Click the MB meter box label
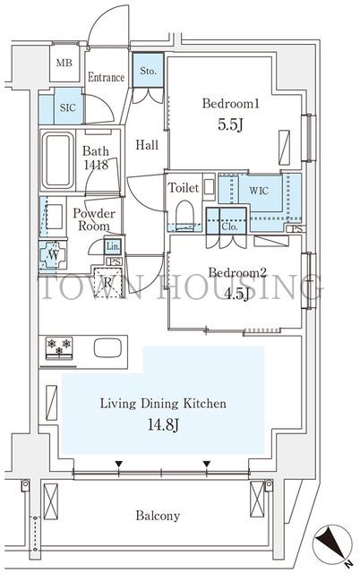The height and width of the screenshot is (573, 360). point(64,63)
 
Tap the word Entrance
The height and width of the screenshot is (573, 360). point(106,78)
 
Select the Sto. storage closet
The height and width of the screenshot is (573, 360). point(148,71)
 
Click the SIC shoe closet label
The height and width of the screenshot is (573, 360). point(68,107)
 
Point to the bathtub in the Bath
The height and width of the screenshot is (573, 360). point(57,160)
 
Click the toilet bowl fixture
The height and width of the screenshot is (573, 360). point(184,215)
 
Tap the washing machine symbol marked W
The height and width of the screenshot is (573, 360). point(53,255)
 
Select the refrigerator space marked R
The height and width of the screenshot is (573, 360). point(107,283)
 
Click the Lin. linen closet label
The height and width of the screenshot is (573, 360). point(113,247)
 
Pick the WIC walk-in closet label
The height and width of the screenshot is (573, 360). point(259,191)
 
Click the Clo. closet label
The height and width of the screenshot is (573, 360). point(229,227)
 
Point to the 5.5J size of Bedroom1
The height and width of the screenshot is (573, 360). point(230,124)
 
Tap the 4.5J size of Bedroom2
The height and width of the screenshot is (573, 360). point(236,294)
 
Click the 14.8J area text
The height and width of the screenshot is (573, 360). point(163,424)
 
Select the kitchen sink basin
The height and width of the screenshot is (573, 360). point(107,348)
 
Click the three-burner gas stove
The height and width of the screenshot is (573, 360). point(59,348)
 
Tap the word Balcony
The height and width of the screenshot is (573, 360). point(158,516)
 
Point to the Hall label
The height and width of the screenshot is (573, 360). point(147,145)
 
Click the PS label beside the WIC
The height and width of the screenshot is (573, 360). point(297,229)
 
